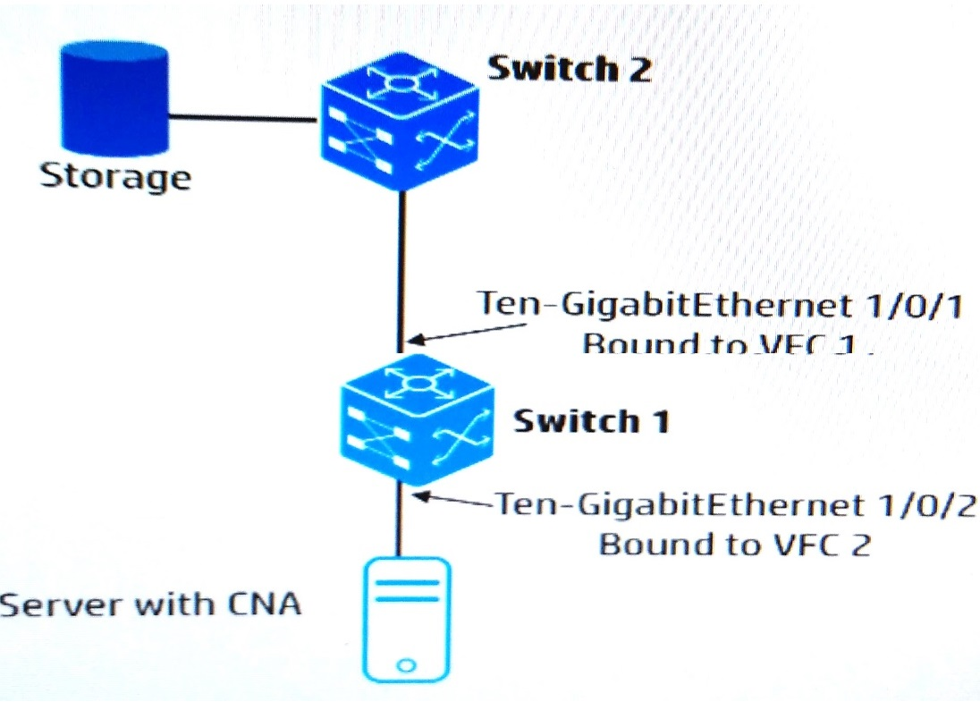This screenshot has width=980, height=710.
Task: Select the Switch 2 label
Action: click(x=569, y=69)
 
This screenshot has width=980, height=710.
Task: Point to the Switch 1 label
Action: click(x=590, y=420)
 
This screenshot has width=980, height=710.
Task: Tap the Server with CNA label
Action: click(x=150, y=604)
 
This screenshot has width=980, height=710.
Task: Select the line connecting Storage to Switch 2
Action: click(x=247, y=117)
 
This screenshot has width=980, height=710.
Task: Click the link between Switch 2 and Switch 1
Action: click(x=402, y=268)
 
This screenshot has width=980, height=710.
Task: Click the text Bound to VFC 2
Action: click(x=733, y=544)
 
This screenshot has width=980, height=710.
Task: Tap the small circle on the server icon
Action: click(x=405, y=665)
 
